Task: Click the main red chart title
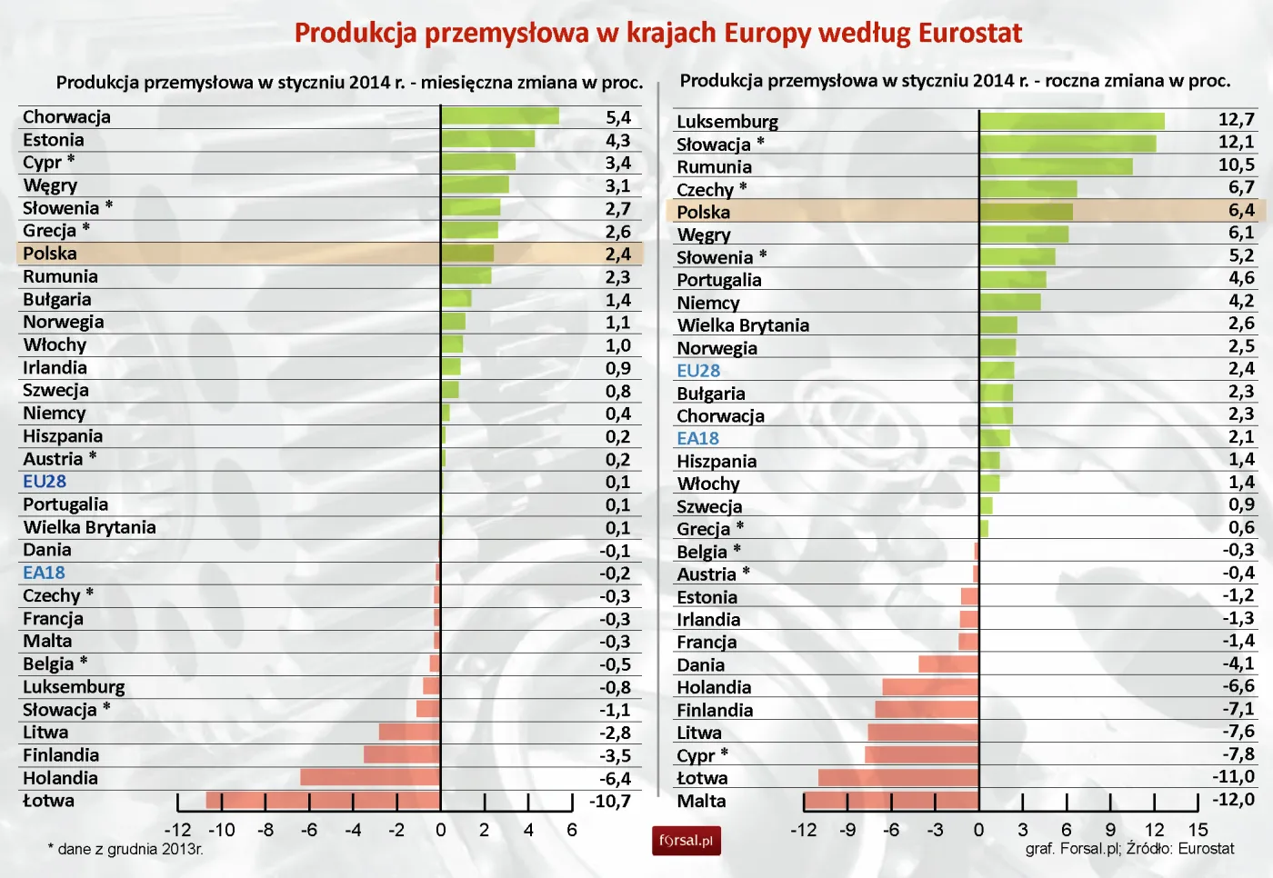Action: tap(657, 34)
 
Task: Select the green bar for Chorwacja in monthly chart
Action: tap(499, 116)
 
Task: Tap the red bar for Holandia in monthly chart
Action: tap(370, 778)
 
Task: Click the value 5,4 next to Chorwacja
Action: tap(617, 117)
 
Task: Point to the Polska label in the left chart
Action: tap(50, 254)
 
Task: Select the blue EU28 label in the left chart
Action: tap(45, 482)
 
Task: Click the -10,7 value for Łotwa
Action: tap(609, 802)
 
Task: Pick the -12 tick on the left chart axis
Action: tap(177, 830)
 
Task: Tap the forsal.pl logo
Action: tap(686, 841)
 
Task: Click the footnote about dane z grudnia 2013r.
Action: tap(125, 850)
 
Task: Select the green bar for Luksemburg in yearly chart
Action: tap(1071, 121)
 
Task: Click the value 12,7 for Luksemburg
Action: tap(1236, 120)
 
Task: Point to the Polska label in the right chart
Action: tap(703, 212)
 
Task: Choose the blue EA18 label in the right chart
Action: tap(697, 438)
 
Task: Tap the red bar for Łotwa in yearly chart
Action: tap(898, 778)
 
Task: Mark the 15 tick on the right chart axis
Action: tap(1198, 830)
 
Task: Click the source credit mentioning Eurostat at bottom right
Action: tap(1129, 849)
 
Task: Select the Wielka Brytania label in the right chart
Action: tap(743, 325)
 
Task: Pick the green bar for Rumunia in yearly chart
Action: tap(1056, 166)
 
